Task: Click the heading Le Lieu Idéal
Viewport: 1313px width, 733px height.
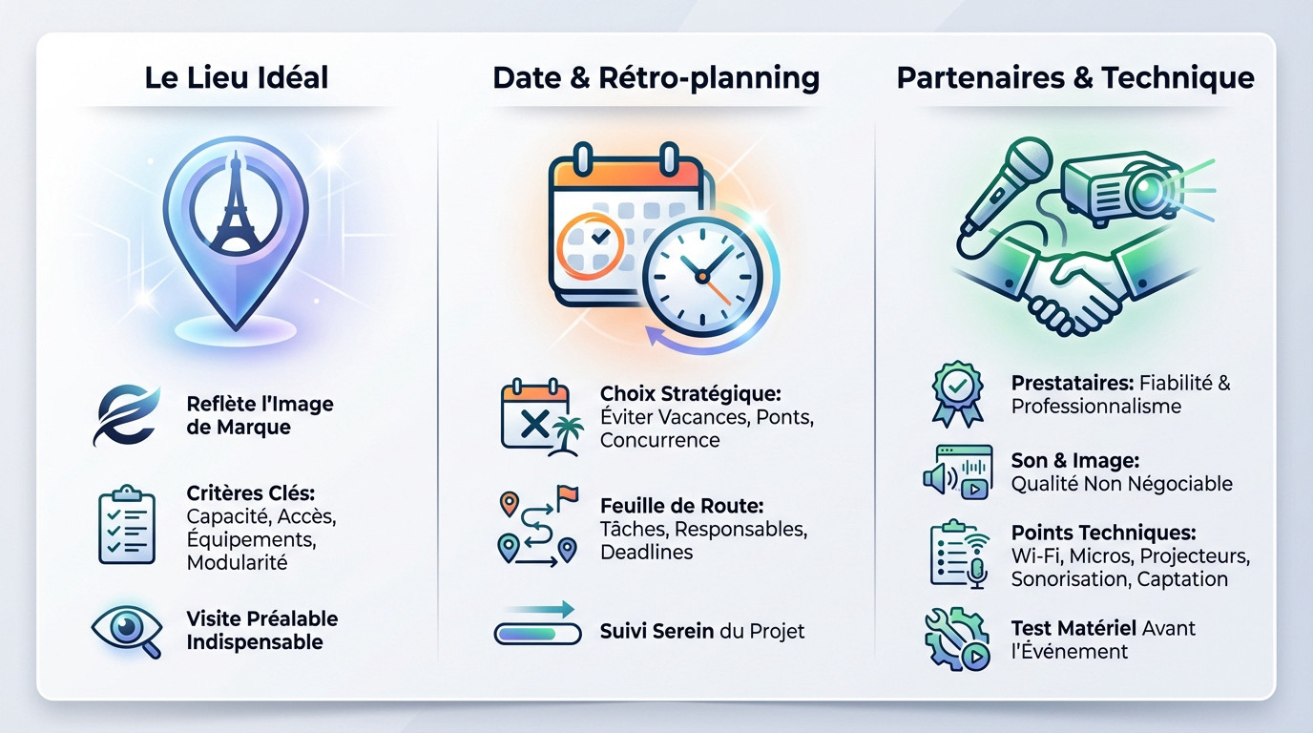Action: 237,77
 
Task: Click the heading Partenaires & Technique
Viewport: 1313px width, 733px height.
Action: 1075,78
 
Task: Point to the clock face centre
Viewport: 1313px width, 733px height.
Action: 702,277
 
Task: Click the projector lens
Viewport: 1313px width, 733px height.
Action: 1149,191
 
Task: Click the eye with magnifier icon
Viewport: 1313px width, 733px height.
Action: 127,631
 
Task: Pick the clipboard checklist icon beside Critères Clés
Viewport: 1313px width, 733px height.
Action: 127,525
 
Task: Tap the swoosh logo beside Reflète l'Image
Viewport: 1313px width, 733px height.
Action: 126,415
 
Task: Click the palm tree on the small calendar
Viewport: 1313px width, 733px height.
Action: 566,435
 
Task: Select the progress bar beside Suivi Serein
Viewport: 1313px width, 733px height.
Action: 537,634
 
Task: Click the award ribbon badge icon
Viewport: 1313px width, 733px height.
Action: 957,394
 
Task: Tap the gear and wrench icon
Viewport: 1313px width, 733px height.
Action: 957,639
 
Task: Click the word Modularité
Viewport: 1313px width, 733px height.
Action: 237,563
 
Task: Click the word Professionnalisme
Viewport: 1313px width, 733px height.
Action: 1096,407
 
